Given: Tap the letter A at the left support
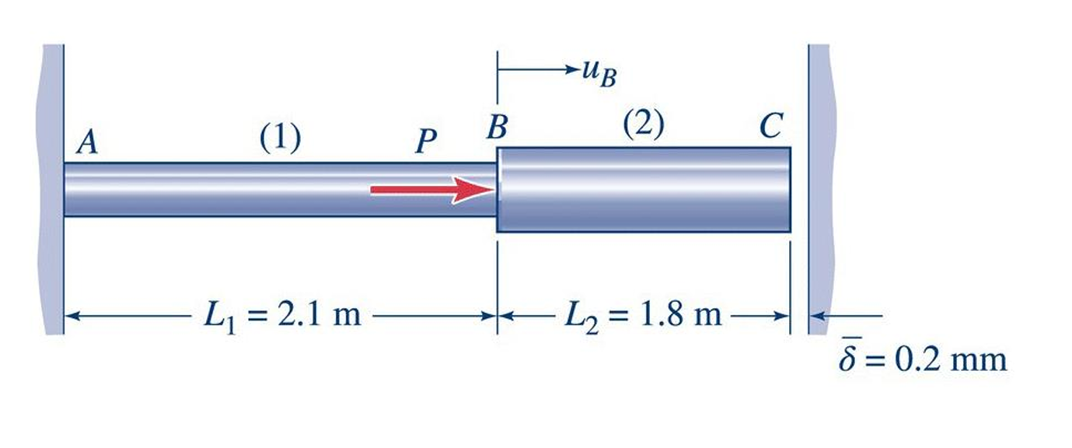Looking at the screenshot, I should click(x=89, y=144).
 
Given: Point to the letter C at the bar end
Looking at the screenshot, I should click(x=770, y=127).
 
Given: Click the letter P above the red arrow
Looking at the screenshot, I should click(x=425, y=142).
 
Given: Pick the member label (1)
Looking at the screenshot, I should click(x=280, y=138).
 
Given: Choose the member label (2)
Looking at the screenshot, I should click(x=643, y=125).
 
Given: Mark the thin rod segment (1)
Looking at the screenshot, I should click(x=233, y=189).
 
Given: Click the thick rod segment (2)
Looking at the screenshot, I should click(x=643, y=189).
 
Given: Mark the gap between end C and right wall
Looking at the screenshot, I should click(x=799, y=189).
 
